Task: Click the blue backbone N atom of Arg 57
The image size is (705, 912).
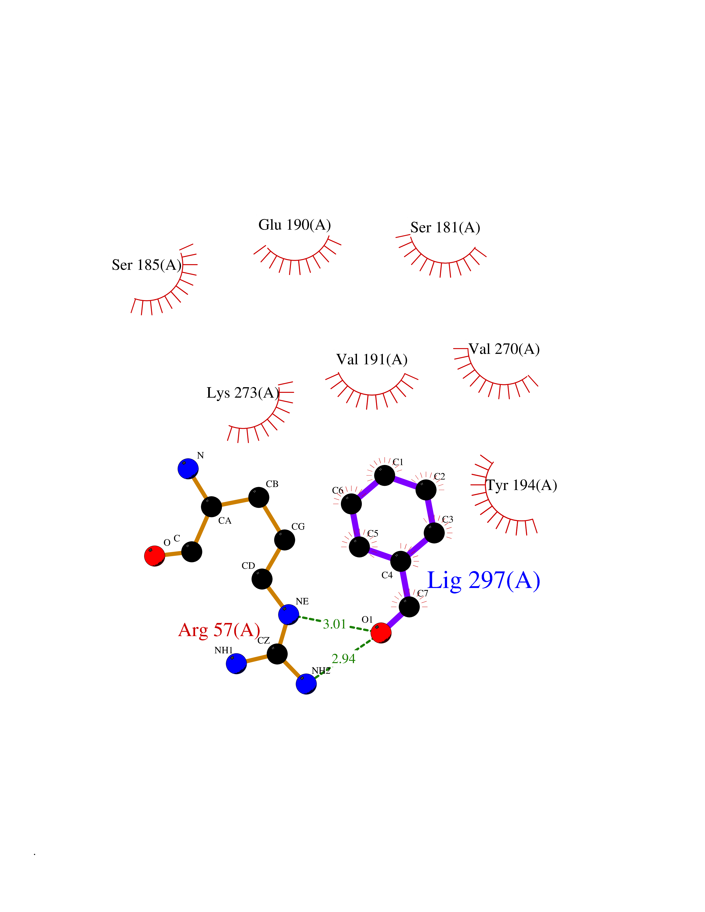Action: click(x=188, y=469)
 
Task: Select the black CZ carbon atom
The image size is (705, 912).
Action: click(x=277, y=653)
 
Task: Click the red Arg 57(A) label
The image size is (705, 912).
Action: click(x=219, y=630)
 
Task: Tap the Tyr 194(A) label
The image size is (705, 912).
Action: click(x=521, y=485)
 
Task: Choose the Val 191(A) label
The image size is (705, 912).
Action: click(x=372, y=359)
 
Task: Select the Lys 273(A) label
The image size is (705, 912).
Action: click(x=243, y=393)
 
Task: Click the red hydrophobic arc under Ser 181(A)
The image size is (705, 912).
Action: click(x=445, y=263)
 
